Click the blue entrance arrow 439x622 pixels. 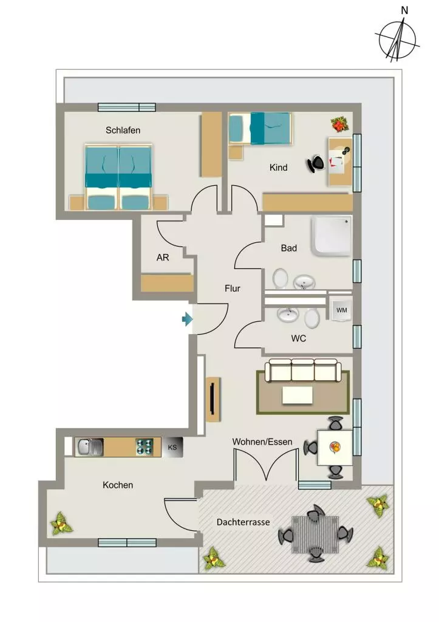[x=187, y=319]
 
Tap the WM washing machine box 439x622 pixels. [x=341, y=310]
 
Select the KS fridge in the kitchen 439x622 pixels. [x=172, y=447]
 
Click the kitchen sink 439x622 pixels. [x=89, y=447]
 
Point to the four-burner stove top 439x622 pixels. [x=145, y=447]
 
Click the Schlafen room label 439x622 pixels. [x=123, y=130]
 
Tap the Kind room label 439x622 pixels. [x=278, y=168]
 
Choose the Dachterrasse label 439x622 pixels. [x=243, y=522]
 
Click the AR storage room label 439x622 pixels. [x=163, y=258]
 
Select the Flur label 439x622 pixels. [x=233, y=289]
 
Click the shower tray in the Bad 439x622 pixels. [x=331, y=236]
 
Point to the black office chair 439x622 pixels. [x=316, y=163]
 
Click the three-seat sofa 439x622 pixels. [x=303, y=371]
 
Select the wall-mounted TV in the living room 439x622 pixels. [x=213, y=399]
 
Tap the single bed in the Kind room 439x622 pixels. [x=260, y=128]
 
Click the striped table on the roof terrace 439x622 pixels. [x=315, y=535]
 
